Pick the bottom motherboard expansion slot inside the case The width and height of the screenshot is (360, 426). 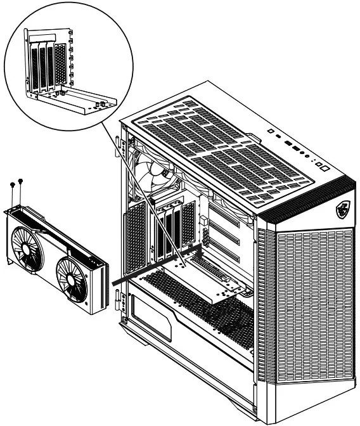click(x=231, y=261)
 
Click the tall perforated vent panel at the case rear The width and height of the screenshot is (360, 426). click(x=135, y=241)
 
